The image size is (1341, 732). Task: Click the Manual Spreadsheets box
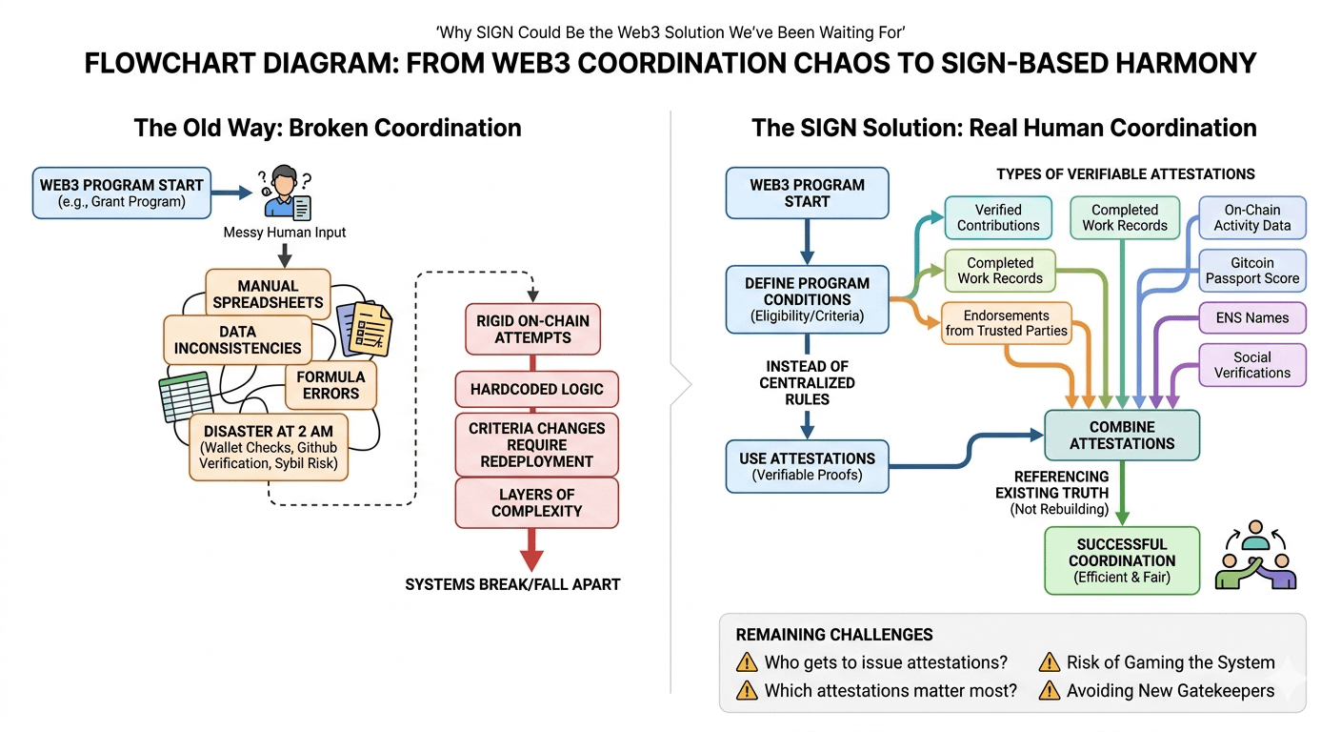click(268, 294)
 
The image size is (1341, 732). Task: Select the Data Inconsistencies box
click(237, 340)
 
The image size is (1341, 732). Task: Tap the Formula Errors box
click(330, 385)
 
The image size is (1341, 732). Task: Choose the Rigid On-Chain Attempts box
click(532, 329)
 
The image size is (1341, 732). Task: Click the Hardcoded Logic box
click(536, 389)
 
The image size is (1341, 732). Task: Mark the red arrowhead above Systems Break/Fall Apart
click(530, 558)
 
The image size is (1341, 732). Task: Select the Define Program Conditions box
click(807, 299)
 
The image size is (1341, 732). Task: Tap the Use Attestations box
click(807, 466)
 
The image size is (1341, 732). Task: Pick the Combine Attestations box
click(1122, 435)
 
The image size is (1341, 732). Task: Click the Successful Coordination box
click(1122, 560)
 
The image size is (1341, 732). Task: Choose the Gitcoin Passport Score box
click(1251, 271)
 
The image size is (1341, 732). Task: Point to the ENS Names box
click(1251, 317)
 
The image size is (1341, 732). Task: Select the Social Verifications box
click(1251, 365)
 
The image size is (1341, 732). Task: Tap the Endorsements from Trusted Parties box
click(1006, 323)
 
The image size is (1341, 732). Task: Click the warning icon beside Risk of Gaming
click(1050, 662)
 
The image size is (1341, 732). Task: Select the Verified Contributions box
click(998, 217)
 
